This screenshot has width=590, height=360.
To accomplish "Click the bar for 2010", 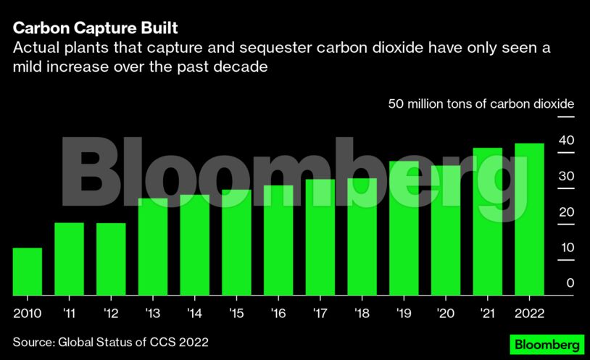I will coord(28,272).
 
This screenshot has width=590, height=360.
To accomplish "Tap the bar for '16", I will coord(278,240).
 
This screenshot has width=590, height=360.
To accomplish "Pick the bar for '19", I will coord(404,228).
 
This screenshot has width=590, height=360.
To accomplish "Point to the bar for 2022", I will coord(529,219).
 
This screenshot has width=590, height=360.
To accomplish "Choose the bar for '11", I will coord(70,259).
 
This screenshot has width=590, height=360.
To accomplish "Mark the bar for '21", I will coord(487,222).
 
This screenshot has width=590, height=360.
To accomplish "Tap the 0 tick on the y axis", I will coord(570,282).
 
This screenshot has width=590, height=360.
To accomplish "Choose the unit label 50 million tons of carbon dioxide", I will coord(481,104).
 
